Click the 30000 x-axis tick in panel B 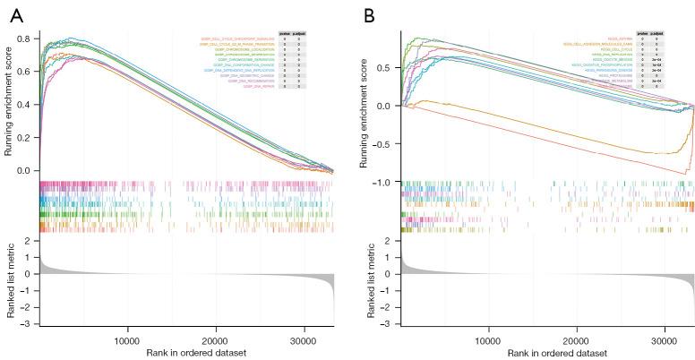[x=664, y=340]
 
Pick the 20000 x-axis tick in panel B [x=576, y=340]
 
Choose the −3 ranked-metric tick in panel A [x=28, y=323]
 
